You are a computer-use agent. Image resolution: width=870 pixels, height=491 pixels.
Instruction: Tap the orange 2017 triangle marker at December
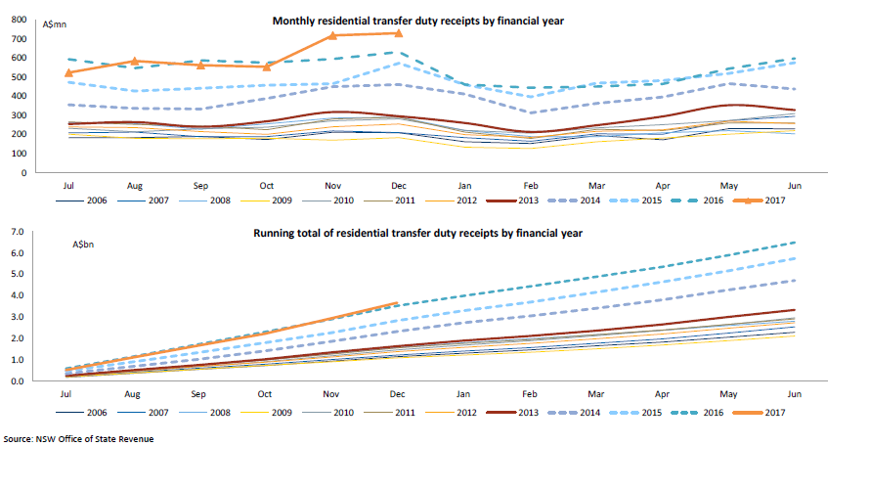pos(398,33)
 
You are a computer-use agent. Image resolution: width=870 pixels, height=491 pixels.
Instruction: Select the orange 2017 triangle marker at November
pos(332,35)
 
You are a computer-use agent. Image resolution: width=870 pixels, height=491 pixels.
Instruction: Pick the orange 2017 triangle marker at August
pos(135,61)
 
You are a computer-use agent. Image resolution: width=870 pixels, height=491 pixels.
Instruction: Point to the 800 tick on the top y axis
pos(20,20)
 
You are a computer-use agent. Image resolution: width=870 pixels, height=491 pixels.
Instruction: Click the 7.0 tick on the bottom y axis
pos(17,233)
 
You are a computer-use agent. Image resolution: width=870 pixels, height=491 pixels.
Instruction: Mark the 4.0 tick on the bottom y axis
pos(17,296)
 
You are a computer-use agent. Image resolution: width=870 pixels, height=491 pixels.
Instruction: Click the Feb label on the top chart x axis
pos(530,184)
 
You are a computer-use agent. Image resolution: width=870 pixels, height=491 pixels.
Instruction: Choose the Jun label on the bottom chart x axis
pos(794,392)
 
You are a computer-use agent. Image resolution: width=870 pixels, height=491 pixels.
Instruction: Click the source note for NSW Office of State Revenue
pos(79,439)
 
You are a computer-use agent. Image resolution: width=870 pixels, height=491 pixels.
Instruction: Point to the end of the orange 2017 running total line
pos(397,303)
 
